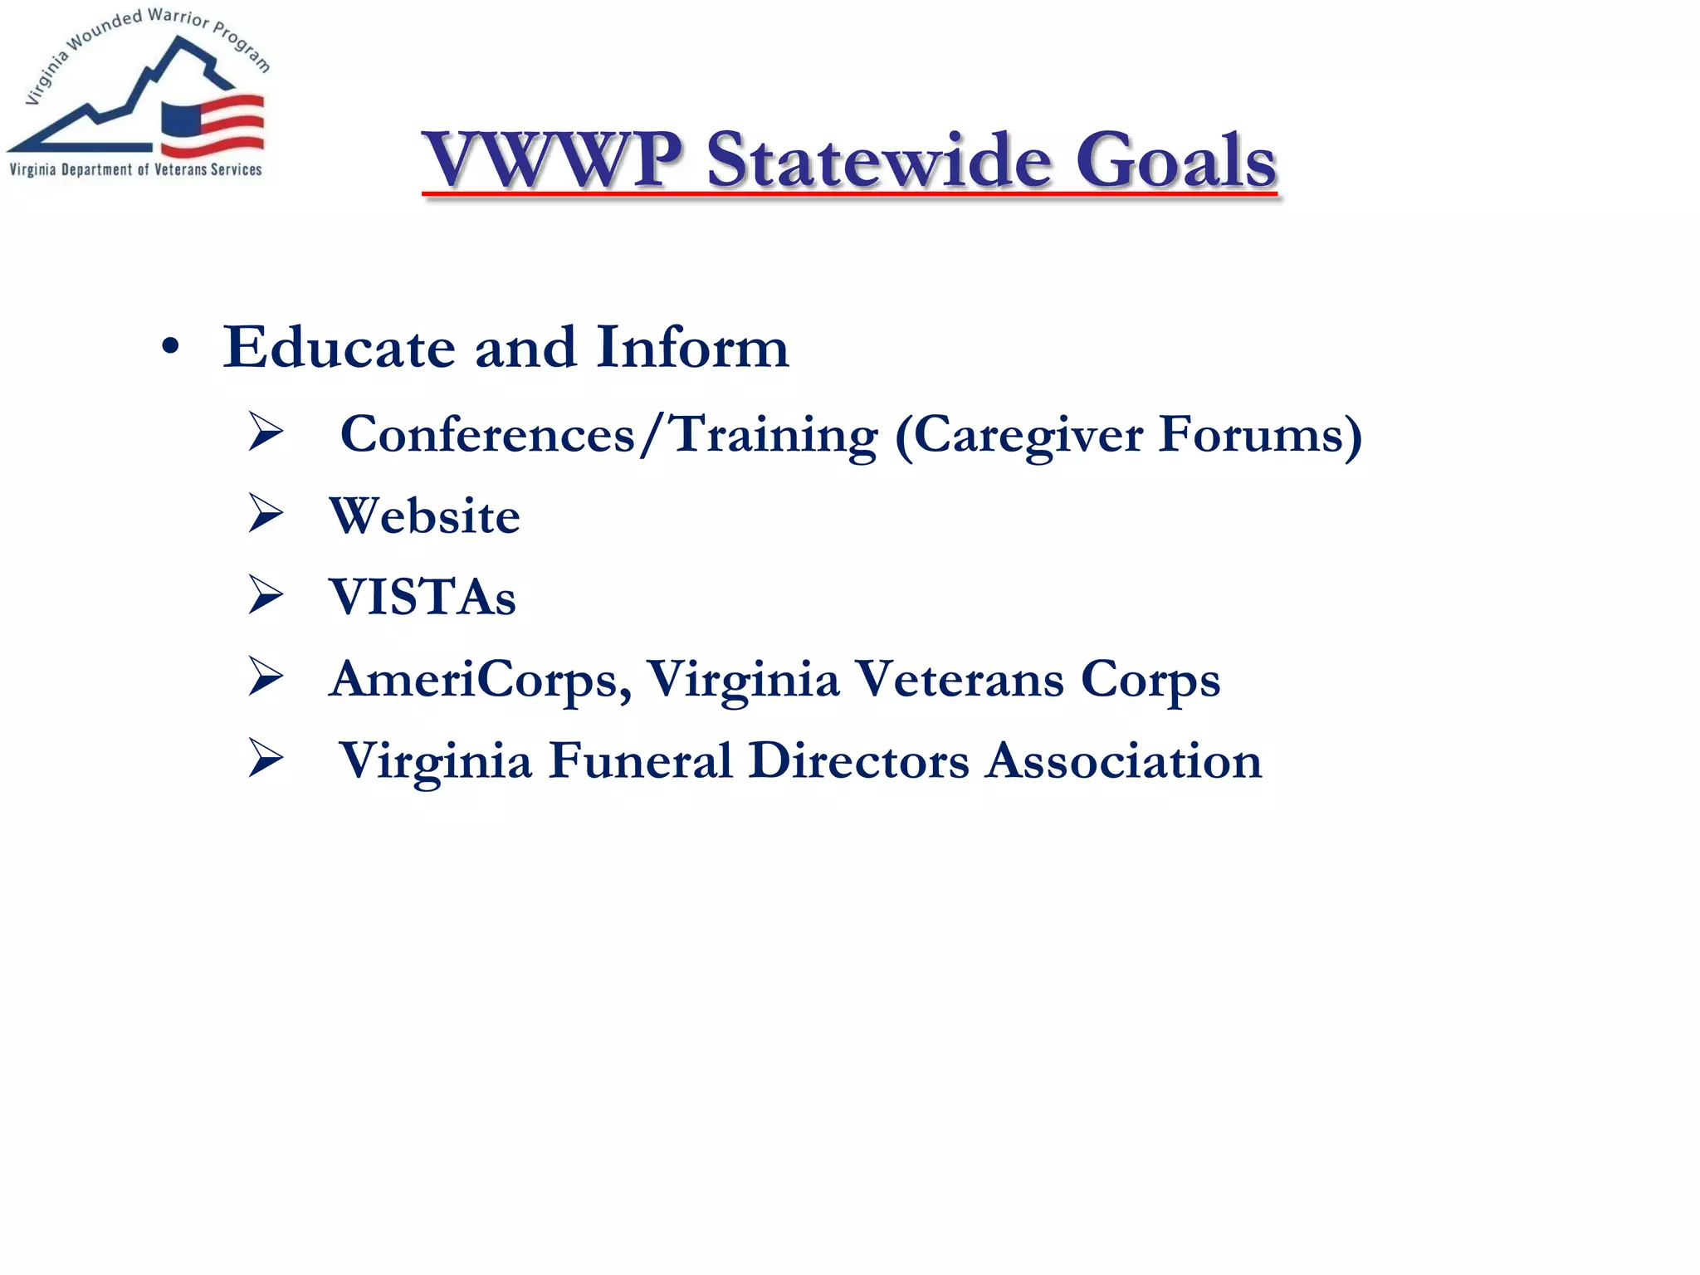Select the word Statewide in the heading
(879, 159)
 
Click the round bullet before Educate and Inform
(170, 348)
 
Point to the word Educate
(339, 347)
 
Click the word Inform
(692, 347)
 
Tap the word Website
(424, 515)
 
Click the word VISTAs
(423, 597)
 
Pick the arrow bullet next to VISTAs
(266, 595)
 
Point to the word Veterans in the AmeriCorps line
(959, 679)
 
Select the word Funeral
(640, 760)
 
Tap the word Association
(1123, 760)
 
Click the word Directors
(858, 760)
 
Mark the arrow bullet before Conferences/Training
(266, 432)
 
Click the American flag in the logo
(212, 125)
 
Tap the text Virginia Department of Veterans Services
(135, 170)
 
